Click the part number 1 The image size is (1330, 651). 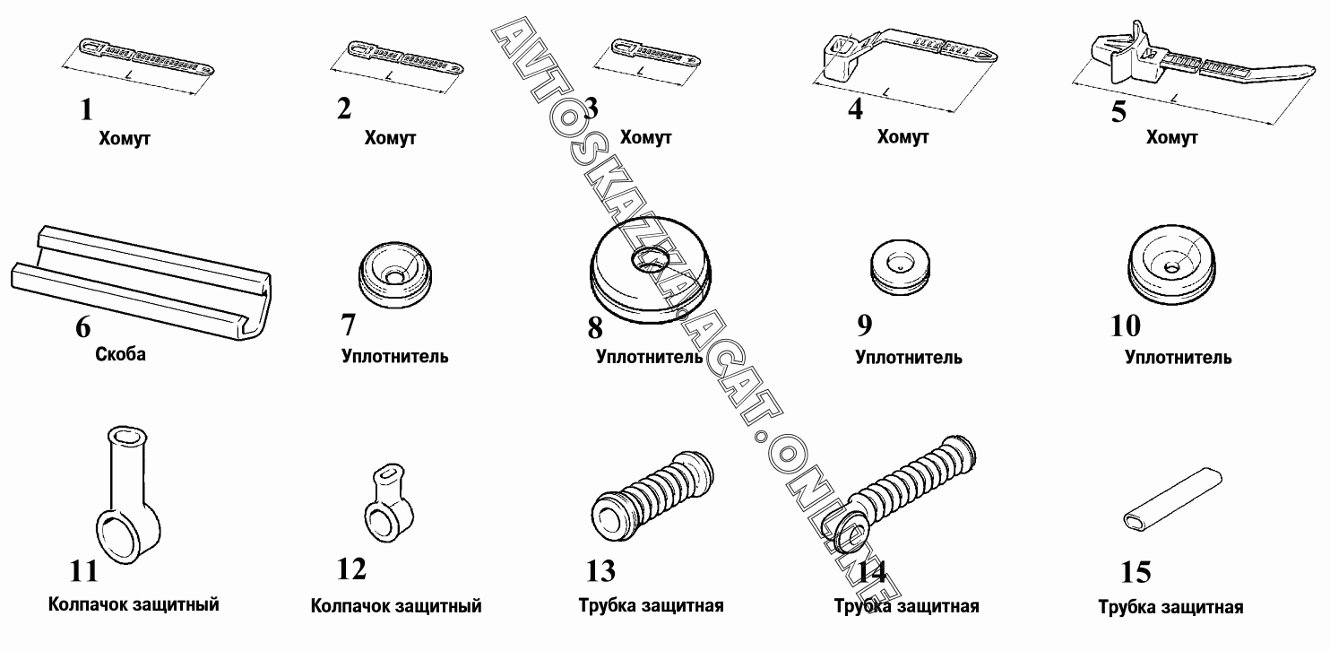coord(86,110)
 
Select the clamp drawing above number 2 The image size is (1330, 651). coord(404,57)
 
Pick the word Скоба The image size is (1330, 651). coord(120,354)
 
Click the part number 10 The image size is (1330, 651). coord(1126,325)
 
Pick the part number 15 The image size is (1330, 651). coord(1136,572)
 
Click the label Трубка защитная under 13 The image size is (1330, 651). coord(652,605)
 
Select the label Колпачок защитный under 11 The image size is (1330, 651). coord(134,604)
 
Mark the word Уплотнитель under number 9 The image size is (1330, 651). coord(909,358)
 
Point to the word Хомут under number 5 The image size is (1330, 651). coord(1171,138)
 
